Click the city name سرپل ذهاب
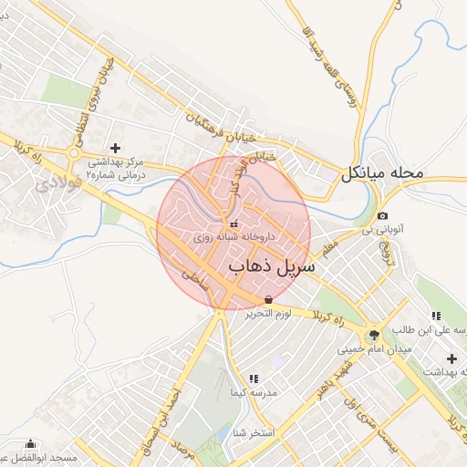click(x=270, y=266)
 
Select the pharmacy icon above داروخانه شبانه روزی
click(x=233, y=223)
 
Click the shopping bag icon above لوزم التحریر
click(x=268, y=299)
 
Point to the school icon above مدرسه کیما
click(x=254, y=378)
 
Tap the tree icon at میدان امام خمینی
click(x=375, y=335)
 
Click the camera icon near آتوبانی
click(x=381, y=215)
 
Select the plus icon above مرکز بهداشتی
click(x=114, y=147)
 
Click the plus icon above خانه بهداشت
click(x=451, y=358)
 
